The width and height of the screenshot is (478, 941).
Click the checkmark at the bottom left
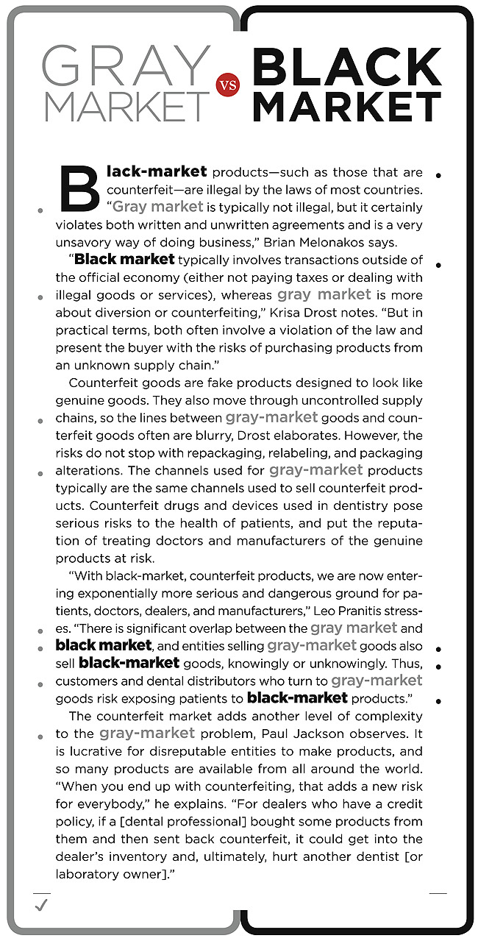point(41,906)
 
